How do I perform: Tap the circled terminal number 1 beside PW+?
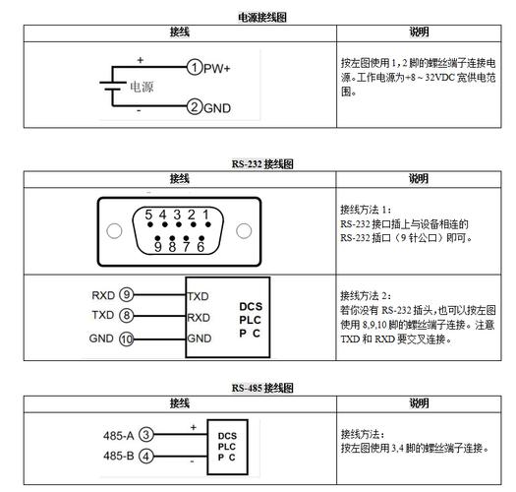pyautogui.click(x=195, y=68)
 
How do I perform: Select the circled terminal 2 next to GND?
pyautogui.click(x=195, y=106)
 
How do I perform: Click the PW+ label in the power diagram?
pyautogui.click(x=217, y=68)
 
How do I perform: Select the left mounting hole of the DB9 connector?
pyautogui.click(x=115, y=232)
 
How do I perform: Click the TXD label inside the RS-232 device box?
pyautogui.click(x=199, y=295)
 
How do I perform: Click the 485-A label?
pyautogui.click(x=117, y=435)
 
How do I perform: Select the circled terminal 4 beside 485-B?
pyautogui.click(x=145, y=456)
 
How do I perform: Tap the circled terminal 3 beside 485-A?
pyautogui.click(x=145, y=435)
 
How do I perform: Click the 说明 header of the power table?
pyautogui.click(x=418, y=32)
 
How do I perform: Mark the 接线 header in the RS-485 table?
pyautogui.click(x=179, y=403)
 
